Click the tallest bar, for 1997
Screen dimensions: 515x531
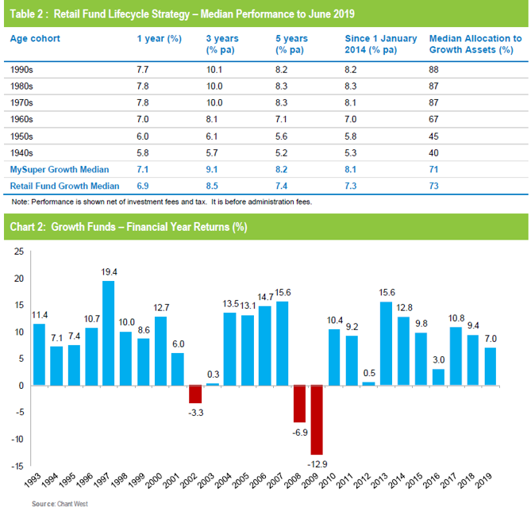(x=108, y=333)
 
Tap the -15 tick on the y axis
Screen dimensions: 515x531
(x=17, y=466)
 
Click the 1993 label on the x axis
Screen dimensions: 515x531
(x=34, y=479)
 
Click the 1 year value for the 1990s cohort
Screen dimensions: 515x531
(x=144, y=70)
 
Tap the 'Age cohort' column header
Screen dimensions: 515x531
(x=34, y=38)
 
